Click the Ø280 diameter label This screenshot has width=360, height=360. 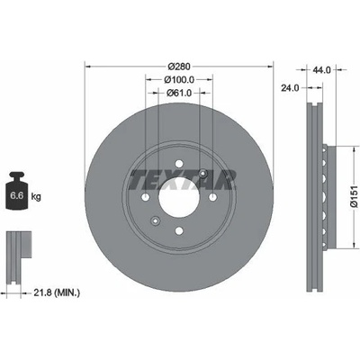(179, 67)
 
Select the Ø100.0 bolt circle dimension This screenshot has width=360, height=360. (179, 80)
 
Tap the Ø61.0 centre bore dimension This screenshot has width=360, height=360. (179, 93)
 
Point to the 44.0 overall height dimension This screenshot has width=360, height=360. (321, 70)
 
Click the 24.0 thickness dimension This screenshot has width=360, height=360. (290, 88)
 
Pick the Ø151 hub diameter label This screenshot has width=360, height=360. (354, 196)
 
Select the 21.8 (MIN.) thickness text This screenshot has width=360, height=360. (57, 292)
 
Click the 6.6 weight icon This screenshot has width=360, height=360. (17, 191)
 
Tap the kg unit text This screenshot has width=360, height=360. (36, 197)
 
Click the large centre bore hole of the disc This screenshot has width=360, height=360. (179, 197)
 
